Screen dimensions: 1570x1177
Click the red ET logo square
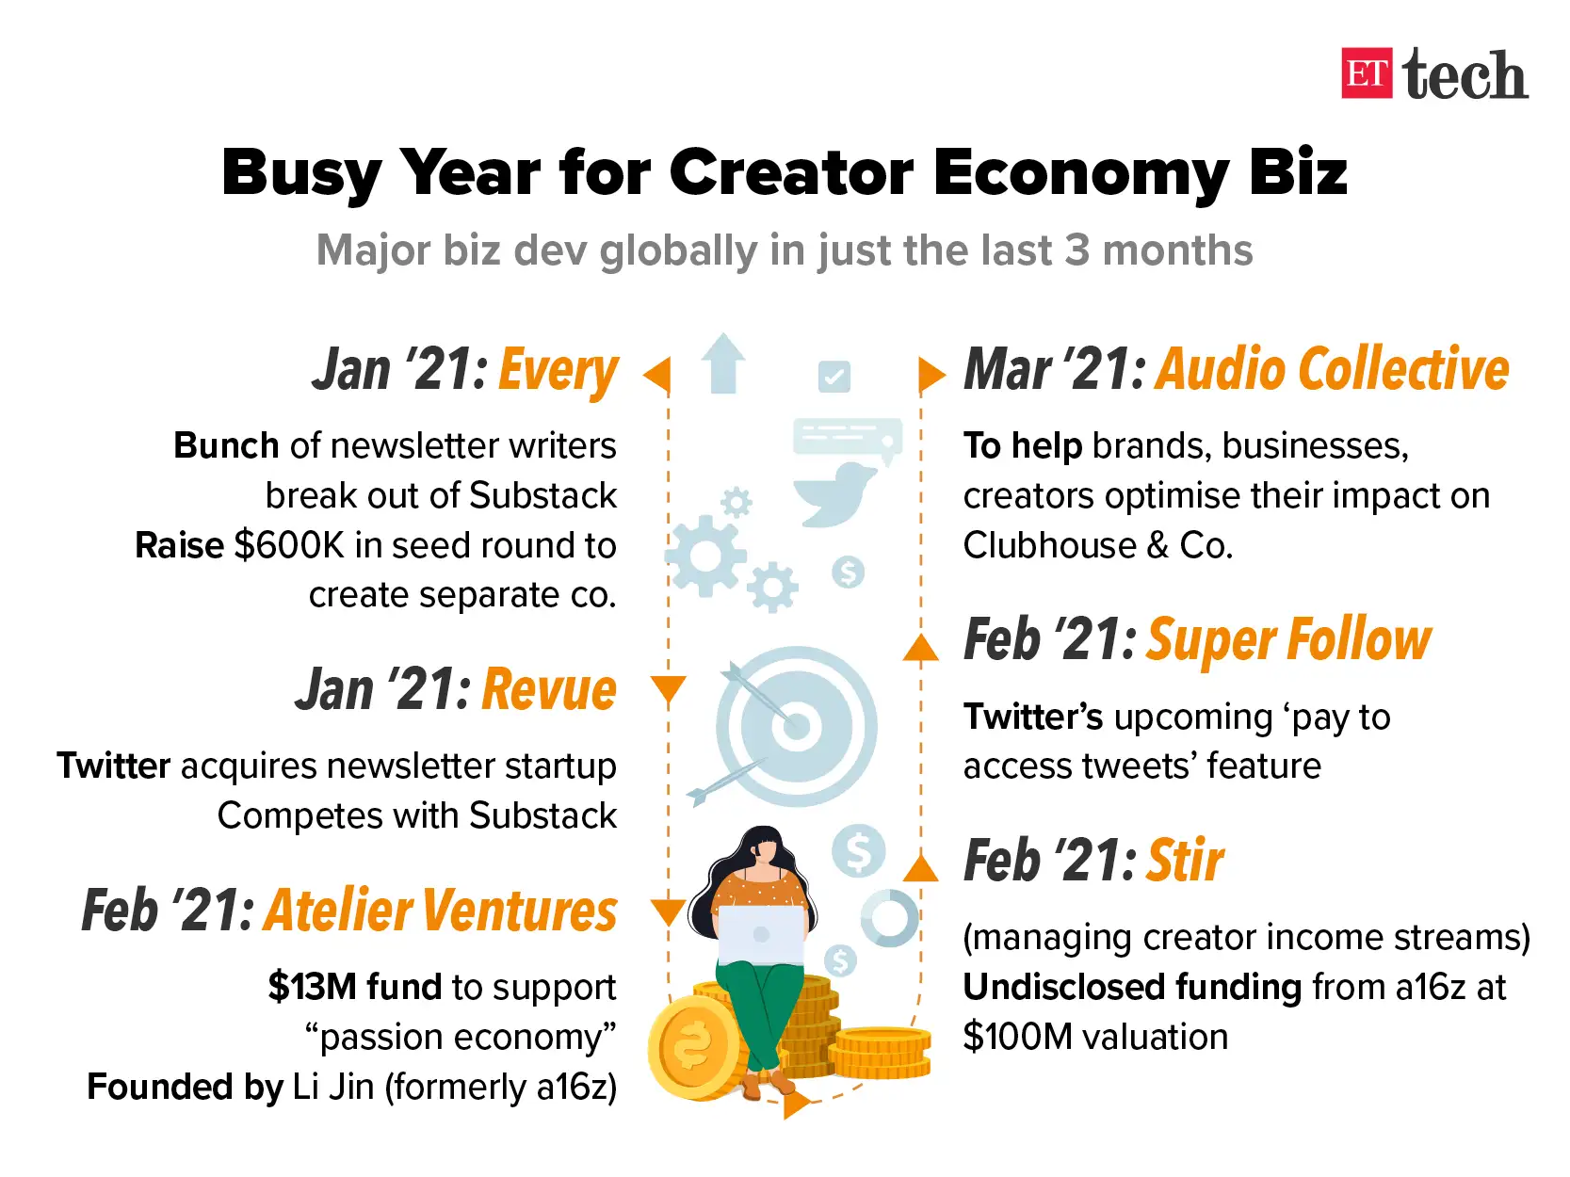click(1367, 73)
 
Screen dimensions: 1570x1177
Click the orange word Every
click(558, 370)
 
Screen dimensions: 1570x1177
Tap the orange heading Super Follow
click(1289, 639)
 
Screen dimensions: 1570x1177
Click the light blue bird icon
click(834, 494)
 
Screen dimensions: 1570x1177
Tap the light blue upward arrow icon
click(723, 363)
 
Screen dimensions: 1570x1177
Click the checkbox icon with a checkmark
click(834, 376)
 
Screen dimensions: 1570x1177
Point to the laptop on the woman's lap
click(761, 935)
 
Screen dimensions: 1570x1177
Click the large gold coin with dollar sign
click(694, 1049)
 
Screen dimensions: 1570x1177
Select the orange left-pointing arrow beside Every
click(656, 375)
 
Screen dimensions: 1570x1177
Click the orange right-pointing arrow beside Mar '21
click(932, 375)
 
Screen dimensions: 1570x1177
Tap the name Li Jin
click(333, 1087)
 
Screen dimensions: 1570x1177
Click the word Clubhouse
click(1049, 545)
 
